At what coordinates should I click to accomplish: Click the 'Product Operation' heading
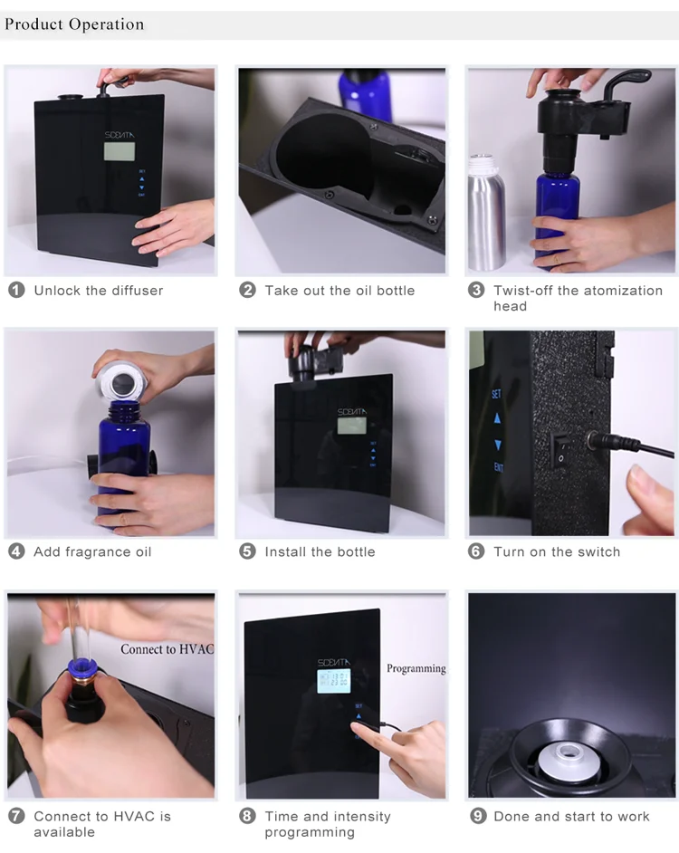point(74,24)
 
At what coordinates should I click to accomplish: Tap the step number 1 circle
point(16,291)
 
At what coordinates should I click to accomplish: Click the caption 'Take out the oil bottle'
point(339,291)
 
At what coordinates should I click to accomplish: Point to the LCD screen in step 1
point(120,150)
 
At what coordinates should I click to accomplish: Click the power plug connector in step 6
point(598,442)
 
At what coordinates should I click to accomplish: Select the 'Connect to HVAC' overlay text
point(167,649)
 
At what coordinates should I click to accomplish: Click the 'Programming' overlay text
point(416,669)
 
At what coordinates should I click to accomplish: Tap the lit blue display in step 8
point(333,681)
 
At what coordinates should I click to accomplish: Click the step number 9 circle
point(478,817)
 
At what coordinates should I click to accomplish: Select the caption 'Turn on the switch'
point(557,551)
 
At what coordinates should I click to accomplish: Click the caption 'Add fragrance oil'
point(92,551)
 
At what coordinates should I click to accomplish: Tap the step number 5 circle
point(247,551)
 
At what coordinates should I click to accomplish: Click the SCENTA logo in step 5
point(351,411)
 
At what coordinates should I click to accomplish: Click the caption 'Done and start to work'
point(571,817)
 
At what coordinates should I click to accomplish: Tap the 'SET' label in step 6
point(496,395)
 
